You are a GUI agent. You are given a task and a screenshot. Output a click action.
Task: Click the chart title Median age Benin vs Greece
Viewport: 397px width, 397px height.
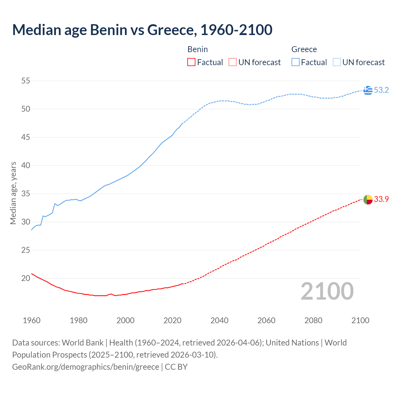142,30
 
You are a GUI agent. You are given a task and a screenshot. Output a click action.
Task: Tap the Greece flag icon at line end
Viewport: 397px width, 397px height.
368,90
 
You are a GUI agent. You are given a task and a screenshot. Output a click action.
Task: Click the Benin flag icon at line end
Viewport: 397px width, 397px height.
368,199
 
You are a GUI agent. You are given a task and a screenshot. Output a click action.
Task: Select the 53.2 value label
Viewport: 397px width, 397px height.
381,90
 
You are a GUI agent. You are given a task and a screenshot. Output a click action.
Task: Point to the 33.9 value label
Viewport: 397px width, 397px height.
381,199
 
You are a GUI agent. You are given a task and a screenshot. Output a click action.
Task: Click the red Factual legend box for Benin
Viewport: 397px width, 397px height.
191,62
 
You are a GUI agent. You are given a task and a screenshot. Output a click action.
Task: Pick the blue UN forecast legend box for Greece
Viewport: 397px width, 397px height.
337,62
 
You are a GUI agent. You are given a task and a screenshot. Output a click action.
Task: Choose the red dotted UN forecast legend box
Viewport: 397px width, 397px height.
233,62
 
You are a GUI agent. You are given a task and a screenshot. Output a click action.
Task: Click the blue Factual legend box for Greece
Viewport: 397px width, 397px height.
296,62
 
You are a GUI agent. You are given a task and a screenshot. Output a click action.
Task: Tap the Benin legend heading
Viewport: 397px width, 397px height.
198,49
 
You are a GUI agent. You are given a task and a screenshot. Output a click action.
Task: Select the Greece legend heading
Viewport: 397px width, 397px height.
304,49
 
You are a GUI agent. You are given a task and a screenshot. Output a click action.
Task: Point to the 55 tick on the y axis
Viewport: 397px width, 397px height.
26,81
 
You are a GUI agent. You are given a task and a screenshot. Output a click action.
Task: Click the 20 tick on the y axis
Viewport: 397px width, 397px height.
26,278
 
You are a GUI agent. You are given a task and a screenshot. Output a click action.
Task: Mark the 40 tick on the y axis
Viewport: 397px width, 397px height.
26,166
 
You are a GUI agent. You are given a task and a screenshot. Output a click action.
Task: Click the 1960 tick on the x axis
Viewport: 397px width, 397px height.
32,320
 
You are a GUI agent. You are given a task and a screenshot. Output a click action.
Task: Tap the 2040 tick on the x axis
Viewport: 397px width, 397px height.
219,320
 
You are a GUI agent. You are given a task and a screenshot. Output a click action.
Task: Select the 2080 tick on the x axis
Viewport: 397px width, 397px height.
313,320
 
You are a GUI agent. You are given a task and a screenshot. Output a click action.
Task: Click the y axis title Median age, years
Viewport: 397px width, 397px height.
13,193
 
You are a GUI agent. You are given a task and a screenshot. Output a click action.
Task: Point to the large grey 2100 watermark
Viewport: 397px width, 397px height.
327,291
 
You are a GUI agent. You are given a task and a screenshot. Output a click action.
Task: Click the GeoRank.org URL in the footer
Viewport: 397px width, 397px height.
86,367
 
